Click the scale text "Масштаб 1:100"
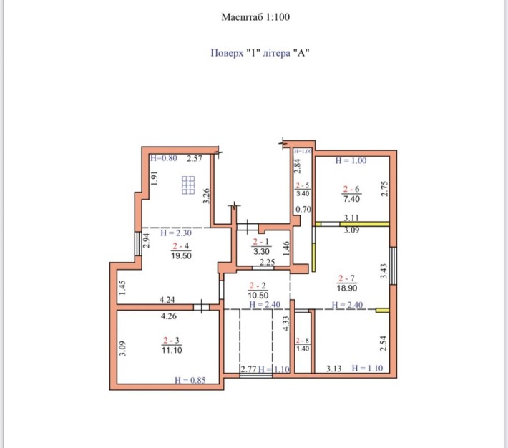tap(255, 17)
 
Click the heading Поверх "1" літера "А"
tap(260, 52)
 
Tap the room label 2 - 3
tap(172, 340)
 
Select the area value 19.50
tap(182, 255)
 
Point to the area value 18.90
tap(347, 288)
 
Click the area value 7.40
tap(351, 198)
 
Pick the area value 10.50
tap(258, 296)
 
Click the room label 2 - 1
tap(261, 241)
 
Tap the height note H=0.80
tap(164, 158)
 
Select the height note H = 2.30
tap(176, 233)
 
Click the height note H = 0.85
tap(190, 380)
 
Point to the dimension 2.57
tap(195, 158)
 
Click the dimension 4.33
tap(285, 323)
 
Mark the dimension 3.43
tap(384, 271)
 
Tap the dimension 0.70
tap(303, 210)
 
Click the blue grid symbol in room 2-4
tap(188, 185)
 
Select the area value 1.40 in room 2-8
tap(303, 349)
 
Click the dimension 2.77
tap(249, 369)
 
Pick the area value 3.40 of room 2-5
tap(303, 193)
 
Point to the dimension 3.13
tap(333, 369)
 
